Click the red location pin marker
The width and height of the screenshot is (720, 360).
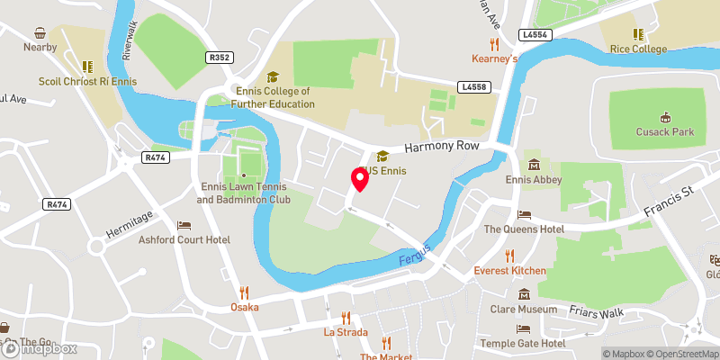360,180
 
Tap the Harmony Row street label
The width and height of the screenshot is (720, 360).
444,147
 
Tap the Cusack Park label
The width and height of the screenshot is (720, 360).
665,131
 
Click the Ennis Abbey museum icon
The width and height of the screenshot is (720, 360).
535,165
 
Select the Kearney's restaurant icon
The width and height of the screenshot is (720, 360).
494,43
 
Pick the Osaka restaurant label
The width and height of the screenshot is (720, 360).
243,307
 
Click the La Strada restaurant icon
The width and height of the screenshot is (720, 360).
346,317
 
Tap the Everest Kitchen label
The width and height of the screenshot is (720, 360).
509,271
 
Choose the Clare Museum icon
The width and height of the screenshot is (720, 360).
525,294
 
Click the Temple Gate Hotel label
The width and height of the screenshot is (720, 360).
521,344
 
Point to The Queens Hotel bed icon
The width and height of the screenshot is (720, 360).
525,214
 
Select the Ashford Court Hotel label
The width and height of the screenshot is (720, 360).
184,240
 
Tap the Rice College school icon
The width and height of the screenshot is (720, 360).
637,34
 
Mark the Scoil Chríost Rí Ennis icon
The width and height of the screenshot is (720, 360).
87,66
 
